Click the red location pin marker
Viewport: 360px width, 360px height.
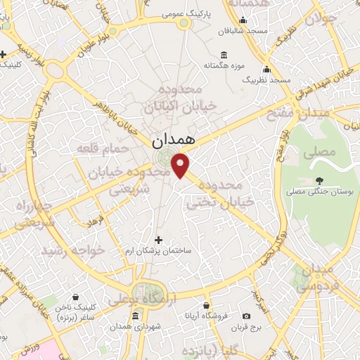pos(181,166)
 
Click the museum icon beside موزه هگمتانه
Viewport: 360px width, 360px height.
pos(224,56)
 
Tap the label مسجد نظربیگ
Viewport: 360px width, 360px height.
pos(266,80)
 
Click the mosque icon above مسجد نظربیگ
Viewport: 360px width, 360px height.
pos(266,70)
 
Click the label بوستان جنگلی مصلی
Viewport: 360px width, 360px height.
pos(319,191)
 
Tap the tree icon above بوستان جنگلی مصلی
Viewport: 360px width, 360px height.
pos(319,180)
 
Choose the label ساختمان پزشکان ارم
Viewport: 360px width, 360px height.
pos(158,251)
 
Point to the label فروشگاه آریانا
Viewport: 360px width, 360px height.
pos(205,316)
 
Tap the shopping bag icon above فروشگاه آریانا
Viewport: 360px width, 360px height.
pos(205,305)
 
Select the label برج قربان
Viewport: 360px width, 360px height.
pos(246,328)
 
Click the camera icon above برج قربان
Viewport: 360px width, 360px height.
pos(246,317)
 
